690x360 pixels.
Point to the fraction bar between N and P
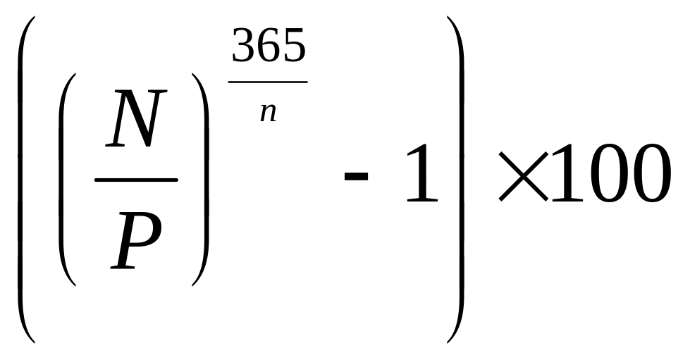(136, 180)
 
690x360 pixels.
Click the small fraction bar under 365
(269, 82)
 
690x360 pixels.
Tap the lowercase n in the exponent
(268, 112)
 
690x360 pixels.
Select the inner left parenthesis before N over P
(67, 180)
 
